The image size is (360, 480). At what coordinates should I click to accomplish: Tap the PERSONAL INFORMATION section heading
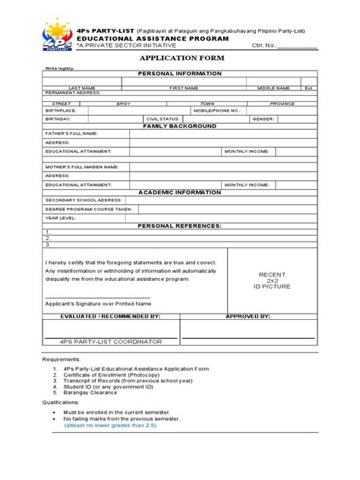coord(179,74)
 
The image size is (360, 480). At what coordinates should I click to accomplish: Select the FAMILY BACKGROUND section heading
coord(179,126)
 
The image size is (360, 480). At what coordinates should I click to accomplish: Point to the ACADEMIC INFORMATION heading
coord(179,192)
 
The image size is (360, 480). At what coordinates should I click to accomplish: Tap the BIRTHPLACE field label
coord(61,110)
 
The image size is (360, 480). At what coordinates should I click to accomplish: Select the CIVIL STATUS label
coord(163,119)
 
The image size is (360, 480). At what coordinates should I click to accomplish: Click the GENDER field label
coord(263,119)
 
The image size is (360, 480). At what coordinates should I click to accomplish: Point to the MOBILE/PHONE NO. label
coord(217,110)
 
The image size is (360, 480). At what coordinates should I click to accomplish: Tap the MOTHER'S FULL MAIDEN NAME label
coord(81,166)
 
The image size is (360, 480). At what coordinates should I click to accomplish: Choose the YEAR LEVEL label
coord(61,217)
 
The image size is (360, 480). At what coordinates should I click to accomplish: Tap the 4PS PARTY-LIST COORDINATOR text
coord(112,342)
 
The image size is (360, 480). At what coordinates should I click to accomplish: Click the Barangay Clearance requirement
coord(96,393)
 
